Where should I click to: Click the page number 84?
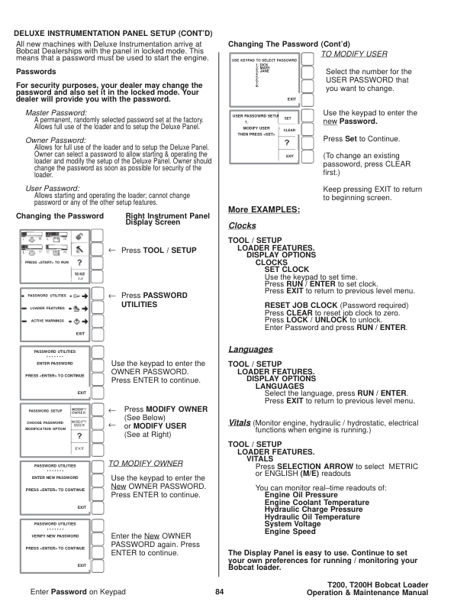[x=219, y=592]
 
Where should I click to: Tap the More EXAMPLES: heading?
[x=264, y=209]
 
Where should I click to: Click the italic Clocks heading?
[x=243, y=226]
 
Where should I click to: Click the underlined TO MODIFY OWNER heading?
[x=146, y=463]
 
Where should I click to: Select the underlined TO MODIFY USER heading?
[x=354, y=54]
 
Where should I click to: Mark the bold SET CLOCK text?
[x=287, y=270]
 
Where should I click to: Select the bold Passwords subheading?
[x=36, y=71]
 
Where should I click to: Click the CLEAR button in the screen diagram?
[x=289, y=130]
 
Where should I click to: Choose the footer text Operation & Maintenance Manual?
[x=367, y=593]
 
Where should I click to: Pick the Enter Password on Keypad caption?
[x=78, y=592]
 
